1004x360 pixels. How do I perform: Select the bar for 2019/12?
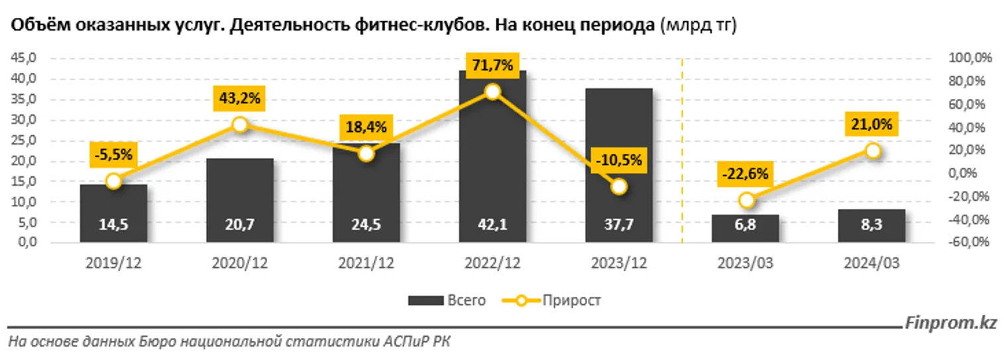click(113, 213)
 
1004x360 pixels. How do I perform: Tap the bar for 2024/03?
click(872, 225)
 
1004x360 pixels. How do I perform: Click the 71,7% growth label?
click(492, 65)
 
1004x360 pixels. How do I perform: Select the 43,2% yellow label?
click(240, 99)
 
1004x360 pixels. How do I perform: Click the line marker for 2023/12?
click(619, 187)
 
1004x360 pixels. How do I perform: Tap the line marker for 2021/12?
click(366, 153)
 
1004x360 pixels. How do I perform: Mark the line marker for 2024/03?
click(873, 150)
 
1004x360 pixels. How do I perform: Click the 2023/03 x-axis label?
click(746, 263)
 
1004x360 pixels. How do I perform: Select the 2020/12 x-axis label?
click(240, 263)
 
